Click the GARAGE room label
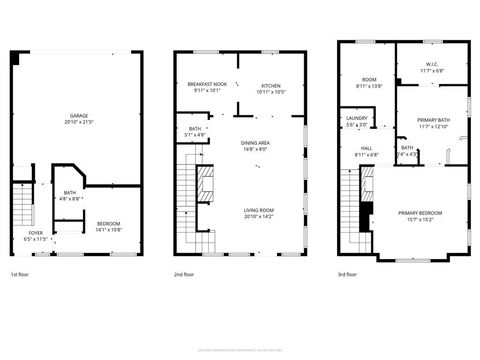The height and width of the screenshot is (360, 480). pyautogui.click(x=78, y=116)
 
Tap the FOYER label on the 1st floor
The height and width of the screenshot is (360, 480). pyautogui.click(x=34, y=234)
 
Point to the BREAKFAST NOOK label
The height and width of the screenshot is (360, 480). pyautogui.click(x=207, y=85)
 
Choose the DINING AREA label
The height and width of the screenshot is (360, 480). pyautogui.click(x=255, y=143)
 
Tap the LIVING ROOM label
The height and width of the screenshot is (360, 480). pyautogui.click(x=259, y=209)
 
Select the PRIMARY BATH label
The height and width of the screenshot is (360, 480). pyautogui.click(x=433, y=120)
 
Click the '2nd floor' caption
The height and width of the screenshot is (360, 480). pyautogui.click(x=184, y=274)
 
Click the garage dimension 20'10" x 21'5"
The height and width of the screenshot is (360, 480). pyautogui.click(x=78, y=122)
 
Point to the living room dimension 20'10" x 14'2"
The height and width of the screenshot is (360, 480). pyautogui.click(x=259, y=215)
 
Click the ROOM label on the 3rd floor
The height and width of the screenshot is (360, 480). pyautogui.click(x=369, y=80)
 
